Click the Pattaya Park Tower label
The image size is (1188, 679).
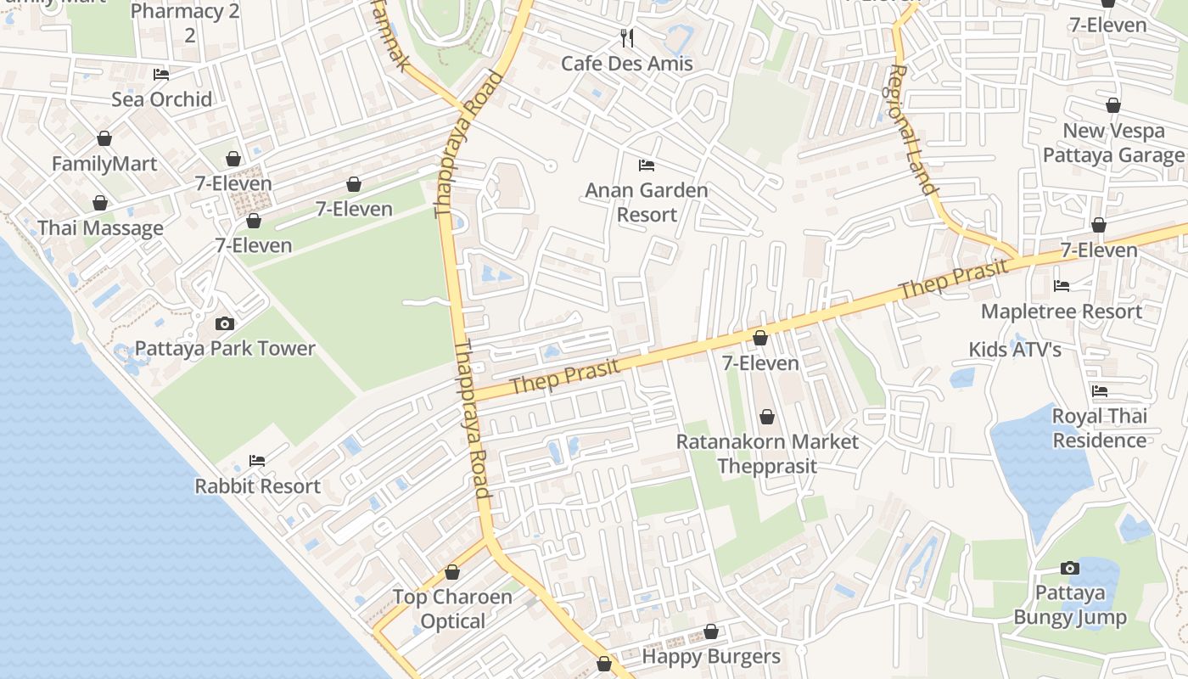225,349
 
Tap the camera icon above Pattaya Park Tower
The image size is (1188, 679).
225,323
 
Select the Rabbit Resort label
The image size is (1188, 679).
258,486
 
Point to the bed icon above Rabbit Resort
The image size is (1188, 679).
257,461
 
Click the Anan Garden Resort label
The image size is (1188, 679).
647,202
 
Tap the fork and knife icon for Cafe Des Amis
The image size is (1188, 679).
627,37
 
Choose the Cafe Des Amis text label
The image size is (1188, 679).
627,64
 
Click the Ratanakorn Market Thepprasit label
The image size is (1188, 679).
767,454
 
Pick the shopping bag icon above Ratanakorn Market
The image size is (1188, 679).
767,417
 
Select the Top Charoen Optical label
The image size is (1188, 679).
452,609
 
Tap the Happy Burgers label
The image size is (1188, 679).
711,657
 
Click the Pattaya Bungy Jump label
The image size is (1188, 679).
1070,605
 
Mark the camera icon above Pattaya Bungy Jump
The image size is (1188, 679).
1070,568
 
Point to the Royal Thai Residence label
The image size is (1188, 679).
1100,429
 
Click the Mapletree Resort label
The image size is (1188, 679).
1062,311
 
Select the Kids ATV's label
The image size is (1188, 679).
1015,350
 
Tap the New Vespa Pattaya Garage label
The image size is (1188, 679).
1112,143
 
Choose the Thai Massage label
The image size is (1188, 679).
100,228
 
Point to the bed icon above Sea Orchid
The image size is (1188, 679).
161,75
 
